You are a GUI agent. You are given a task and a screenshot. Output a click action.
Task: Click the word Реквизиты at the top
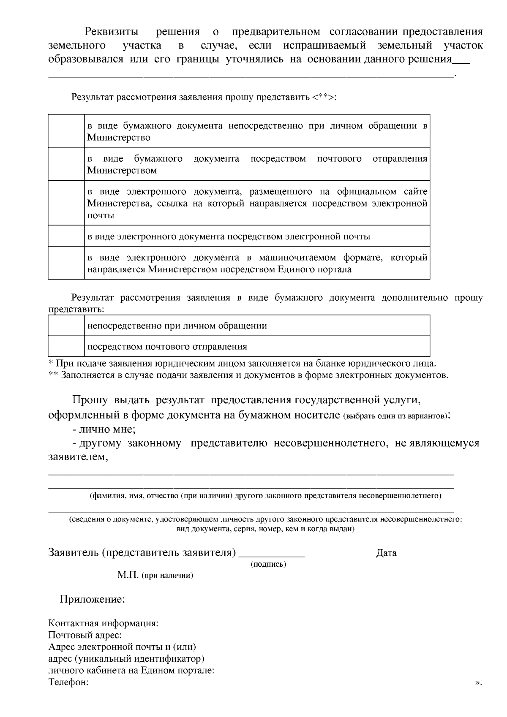click(x=112, y=32)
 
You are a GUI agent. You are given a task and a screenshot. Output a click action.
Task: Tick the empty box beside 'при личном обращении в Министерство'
click(x=66, y=131)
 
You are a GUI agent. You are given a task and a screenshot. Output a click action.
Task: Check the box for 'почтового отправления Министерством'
click(x=66, y=164)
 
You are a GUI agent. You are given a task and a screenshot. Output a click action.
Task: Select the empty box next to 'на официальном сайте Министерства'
click(x=66, y=203)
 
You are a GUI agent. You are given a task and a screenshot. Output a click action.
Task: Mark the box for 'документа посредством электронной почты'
click(x=66, y=236)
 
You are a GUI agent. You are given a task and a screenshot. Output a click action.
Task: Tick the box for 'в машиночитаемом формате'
click(x=66, y=263)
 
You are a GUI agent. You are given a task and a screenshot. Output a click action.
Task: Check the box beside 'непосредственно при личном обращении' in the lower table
click(x=66, y=326)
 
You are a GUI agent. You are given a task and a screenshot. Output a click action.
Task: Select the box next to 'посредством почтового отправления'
click(x=66, y=346)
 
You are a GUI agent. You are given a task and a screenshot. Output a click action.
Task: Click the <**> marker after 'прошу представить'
click(x=323, y=98)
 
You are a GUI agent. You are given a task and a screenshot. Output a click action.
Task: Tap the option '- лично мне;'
click(x=104, y=429)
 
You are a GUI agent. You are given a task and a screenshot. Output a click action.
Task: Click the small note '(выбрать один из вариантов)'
click(x=395, y=416)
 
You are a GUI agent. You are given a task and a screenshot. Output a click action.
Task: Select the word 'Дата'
click(x=386, y=553)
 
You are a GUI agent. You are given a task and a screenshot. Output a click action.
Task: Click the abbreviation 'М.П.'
click(x=128, y=575)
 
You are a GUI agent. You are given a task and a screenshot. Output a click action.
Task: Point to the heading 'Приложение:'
click(x=92, y=599)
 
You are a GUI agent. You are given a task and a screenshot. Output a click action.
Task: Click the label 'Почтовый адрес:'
click(x=85, y=635)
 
